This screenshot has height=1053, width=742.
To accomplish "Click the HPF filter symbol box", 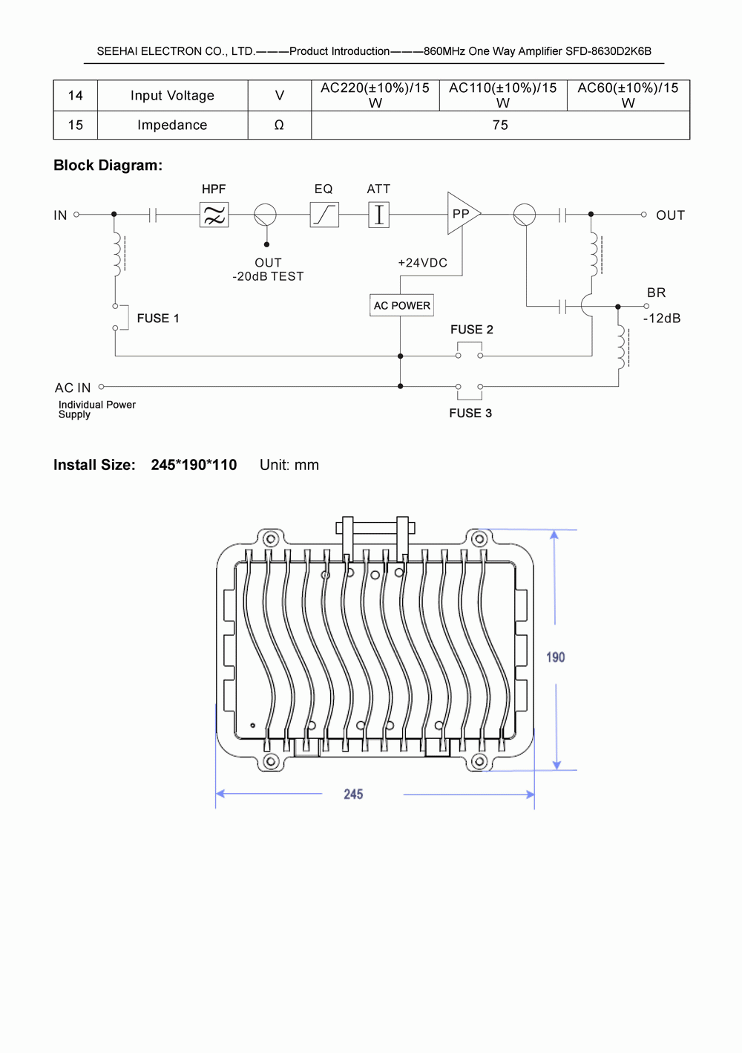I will click(x=214, y=215).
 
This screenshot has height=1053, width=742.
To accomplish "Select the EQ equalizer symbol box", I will click(x=324, y=215).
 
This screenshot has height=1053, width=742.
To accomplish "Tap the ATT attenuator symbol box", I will click(x=378, y=215).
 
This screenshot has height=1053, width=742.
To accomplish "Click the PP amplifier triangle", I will click(x=462, y=214).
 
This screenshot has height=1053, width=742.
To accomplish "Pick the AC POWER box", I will click(x=401, y=305).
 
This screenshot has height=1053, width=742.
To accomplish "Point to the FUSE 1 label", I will click(x=158, y=319).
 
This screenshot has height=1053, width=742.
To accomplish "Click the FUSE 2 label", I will click(x=471, y=330).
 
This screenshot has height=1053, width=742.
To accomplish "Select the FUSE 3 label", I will click(x=470, y=413).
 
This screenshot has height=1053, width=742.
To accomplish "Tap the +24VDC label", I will click(x=422, y=263).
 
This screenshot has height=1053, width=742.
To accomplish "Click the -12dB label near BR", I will click(x=662, y=319).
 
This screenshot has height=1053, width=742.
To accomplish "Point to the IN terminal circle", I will click(x=76, y=215).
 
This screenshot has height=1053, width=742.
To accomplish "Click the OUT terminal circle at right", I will click(x=643, y=215).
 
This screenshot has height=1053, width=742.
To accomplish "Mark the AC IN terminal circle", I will click(x=101, y=387).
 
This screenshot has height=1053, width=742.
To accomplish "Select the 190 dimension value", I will click(x=555, y=657).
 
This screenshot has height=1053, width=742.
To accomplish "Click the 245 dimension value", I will click(x=353, y=795).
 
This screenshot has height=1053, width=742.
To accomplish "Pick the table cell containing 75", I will click(x=500, y=125).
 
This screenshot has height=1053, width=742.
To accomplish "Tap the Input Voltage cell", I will click(x=172, y=96).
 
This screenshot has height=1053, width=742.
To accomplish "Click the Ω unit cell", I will click(x=279, y=125).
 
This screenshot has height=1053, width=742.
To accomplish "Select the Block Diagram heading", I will click(x=108, y=166).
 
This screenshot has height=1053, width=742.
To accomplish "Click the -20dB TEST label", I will click(x=268, y=276).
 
